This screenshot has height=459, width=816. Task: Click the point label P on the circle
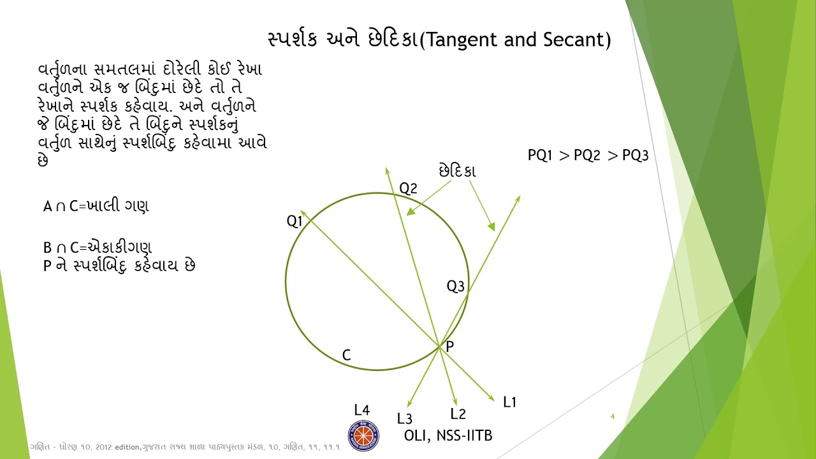pos(450,346)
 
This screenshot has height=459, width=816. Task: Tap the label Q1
pos(295,221)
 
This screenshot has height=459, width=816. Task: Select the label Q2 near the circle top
pos(408,188)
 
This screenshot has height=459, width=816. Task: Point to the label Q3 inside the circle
pos(455,286)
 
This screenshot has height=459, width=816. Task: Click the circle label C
pos(346,356)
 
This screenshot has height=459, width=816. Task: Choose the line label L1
pos(509,402)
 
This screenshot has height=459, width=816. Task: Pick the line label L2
pos(458,414)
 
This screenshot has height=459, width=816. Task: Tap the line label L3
pos(404,418)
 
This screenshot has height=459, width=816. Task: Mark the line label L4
pos(361,410)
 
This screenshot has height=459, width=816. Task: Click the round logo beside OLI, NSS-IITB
pos(363,436)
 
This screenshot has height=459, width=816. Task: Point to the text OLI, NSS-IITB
pos(448,435)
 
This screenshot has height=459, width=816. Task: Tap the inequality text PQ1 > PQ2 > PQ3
pos(588,156)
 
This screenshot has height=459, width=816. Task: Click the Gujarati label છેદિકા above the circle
pos(457,171)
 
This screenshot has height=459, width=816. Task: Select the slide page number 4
pos(612,416)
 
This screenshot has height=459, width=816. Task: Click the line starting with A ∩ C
pos(96,206)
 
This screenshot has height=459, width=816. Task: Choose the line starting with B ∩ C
pos(98,247)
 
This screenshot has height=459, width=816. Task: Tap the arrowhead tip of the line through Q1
pos(301,210)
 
